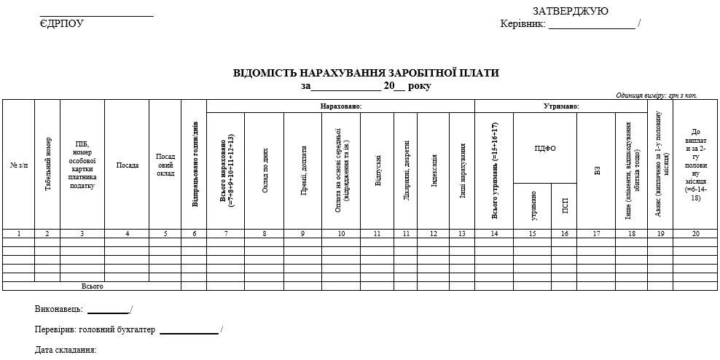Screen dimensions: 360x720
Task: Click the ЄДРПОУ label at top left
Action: click(x=62, y=23)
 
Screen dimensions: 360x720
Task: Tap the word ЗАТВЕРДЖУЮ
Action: click(x=571, y=11)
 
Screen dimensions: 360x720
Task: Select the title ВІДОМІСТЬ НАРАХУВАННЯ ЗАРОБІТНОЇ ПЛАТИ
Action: click(x=367, y=73)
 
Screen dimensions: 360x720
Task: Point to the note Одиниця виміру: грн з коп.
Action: click(x=656, y=95)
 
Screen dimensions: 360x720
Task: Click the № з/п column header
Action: click(x=18, y=165)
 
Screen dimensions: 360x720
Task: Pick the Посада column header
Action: click(x=128, y=165)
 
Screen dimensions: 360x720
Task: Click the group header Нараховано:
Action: click(x=341, y=106)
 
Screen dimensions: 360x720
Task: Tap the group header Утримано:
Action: click(x=561, y=106)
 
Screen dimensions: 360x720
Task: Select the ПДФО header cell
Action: click(x=545, y=148)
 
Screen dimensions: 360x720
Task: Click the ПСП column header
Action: click(x=565, y=206)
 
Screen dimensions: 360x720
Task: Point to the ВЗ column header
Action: click(x=597, y=171)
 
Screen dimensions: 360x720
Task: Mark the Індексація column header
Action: click(x=434, y=171)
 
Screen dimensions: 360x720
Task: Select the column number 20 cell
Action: click(x=696, y=234)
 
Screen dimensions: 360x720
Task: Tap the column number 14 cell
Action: click(x=494, y=234)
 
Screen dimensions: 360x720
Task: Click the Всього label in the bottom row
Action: click(x=93, y=286)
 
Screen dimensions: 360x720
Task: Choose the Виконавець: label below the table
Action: click(x=58, y=310)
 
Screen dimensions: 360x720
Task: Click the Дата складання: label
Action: click(x=66, y=351)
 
